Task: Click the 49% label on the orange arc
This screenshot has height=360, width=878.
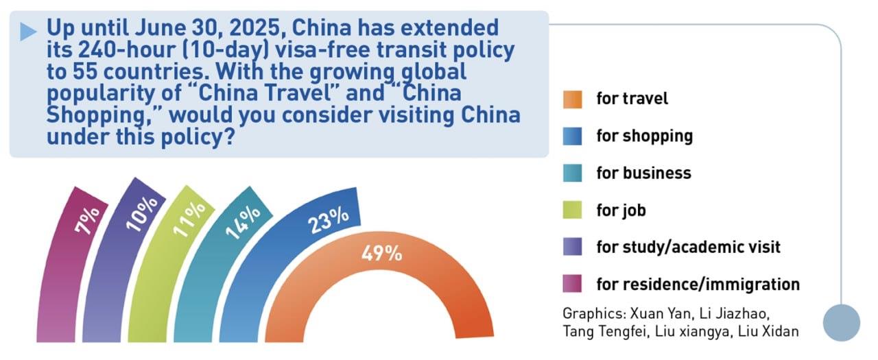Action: click(381, 253)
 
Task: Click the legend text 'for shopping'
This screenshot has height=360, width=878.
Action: click(644, 136)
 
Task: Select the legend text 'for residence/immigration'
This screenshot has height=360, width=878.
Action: click(698, 283)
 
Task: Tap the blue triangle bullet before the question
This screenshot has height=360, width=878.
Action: click(28, 31)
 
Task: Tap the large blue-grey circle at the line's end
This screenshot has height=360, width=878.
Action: click(841, 322)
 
